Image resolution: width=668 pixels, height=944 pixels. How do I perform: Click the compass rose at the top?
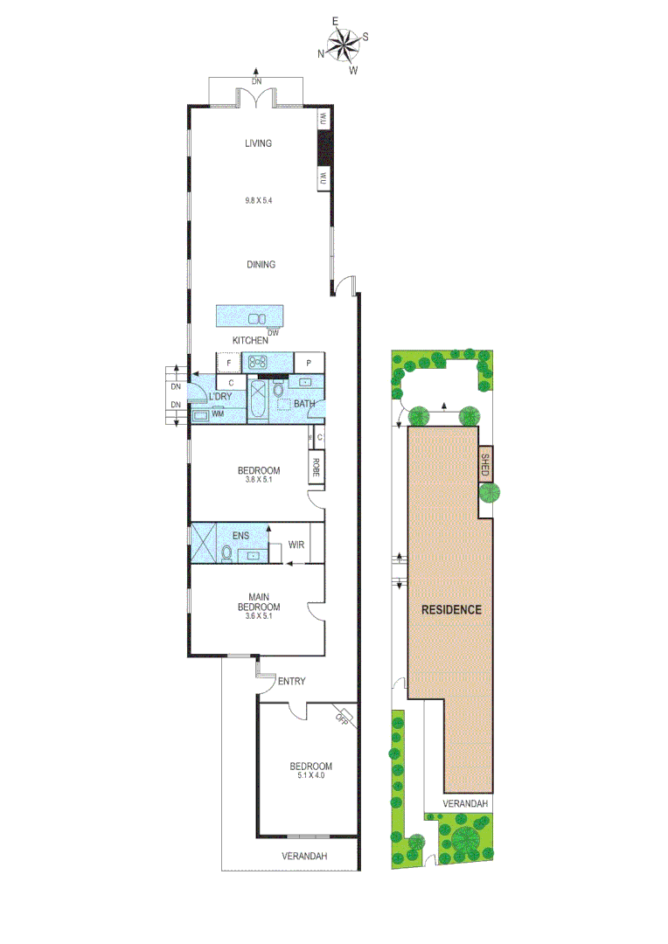[343, 45]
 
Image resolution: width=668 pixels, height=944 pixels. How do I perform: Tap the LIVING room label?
[258, 143]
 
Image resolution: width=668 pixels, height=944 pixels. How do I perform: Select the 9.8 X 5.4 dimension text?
[258, 200]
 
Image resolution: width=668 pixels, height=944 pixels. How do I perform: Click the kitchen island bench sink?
[258, 318]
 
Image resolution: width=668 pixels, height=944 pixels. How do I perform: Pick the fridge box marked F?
[229, 362]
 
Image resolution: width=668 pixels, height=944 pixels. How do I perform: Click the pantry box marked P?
[309, 362]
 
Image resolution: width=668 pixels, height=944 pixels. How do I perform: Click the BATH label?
[303, 404]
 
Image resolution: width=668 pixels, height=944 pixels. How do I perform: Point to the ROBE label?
[316, 468]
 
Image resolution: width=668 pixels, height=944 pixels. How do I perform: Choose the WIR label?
[297, 545]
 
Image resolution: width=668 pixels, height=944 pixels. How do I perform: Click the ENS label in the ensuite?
[241, 535]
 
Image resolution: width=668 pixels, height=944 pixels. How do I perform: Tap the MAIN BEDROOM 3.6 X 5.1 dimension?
[259, 616]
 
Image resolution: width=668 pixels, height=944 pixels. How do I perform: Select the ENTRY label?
[290, 682]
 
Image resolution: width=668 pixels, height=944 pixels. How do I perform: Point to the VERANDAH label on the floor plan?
[304, 857]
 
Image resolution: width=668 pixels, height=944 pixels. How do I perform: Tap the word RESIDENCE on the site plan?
[451, 609]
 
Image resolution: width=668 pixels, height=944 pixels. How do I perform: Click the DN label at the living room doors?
[256, 81]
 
